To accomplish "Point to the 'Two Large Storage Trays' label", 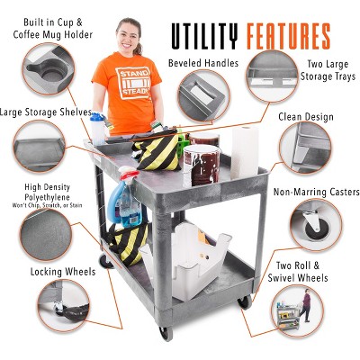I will (x=327, y=70).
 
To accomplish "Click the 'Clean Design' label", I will (x=306, y=116).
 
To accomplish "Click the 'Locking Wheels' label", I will (x=58, y=271).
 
